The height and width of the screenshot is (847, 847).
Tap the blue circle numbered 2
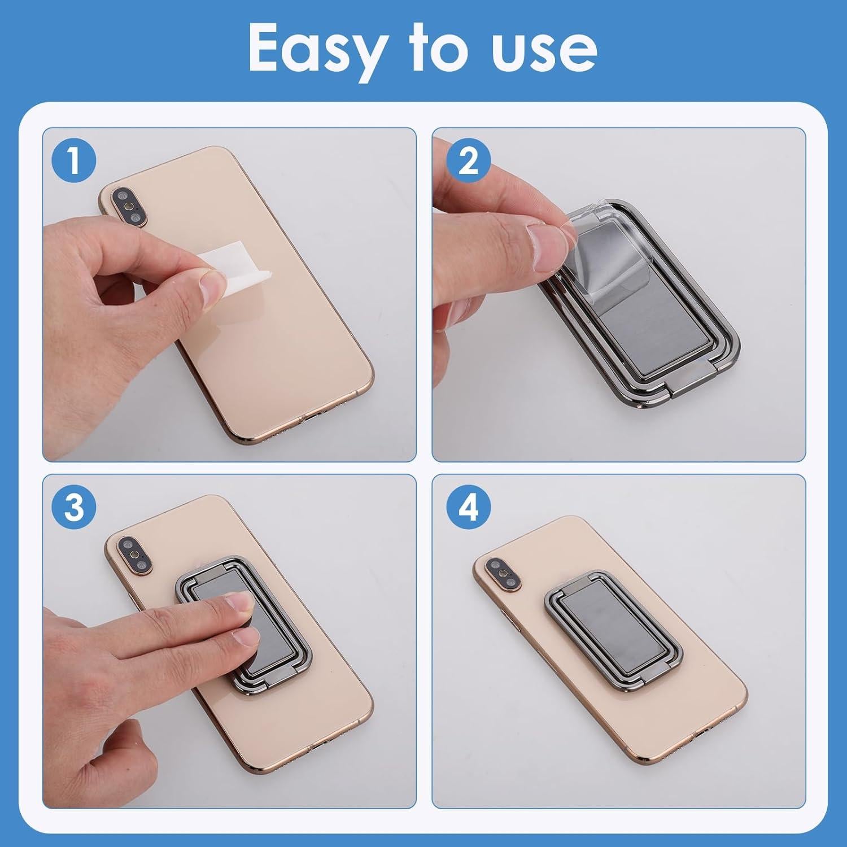(x=468, y=161)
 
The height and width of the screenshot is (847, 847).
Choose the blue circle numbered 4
(x=468, y=508)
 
